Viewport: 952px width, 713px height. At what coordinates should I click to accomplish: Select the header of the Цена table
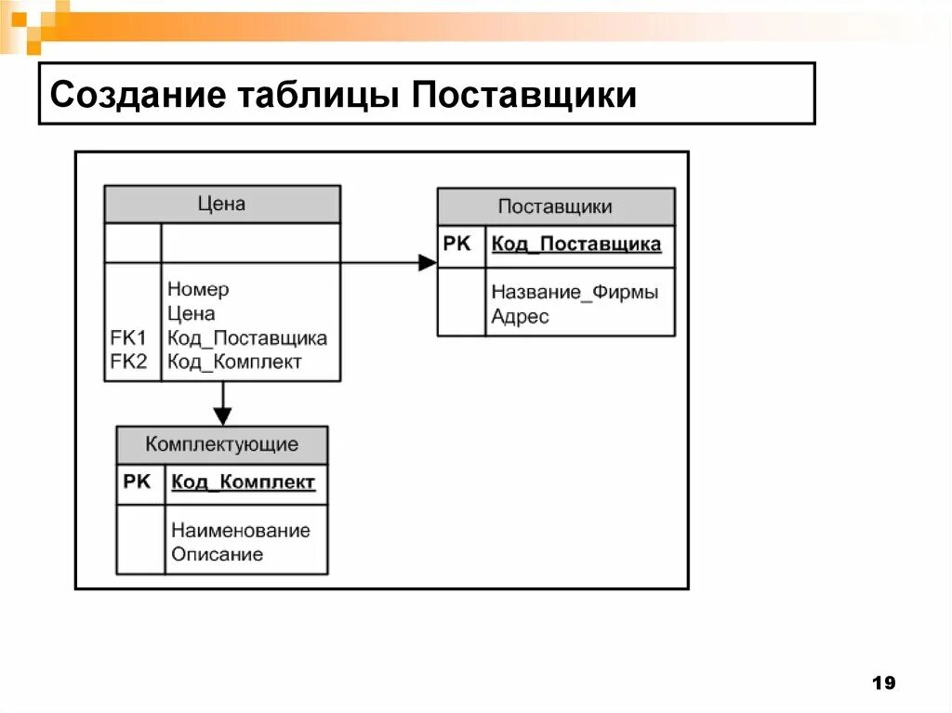222,204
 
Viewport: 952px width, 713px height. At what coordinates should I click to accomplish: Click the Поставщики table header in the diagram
555,206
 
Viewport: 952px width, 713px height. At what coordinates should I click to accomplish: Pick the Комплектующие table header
221,444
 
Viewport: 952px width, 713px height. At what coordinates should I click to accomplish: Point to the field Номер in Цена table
198,289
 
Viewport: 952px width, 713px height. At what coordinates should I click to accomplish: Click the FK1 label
128,338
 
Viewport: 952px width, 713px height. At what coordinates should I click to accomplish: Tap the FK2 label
128,363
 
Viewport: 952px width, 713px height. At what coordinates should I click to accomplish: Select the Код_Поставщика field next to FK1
247,338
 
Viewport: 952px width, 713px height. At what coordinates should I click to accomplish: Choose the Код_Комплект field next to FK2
234,363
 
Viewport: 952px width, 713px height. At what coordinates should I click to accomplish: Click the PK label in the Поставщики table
457,244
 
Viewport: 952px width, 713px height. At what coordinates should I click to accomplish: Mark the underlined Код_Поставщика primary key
576,244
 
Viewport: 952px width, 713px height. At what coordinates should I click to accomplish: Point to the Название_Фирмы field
575,292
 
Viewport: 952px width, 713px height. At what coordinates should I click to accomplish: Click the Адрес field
520,317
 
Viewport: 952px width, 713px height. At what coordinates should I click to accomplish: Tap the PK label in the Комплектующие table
137,482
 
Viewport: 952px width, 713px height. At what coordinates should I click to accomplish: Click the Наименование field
240,531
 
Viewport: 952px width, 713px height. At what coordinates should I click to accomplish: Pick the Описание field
217,555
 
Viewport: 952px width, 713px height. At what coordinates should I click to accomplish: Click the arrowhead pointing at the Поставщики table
428,263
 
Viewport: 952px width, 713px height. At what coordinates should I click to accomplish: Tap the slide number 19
884,684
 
